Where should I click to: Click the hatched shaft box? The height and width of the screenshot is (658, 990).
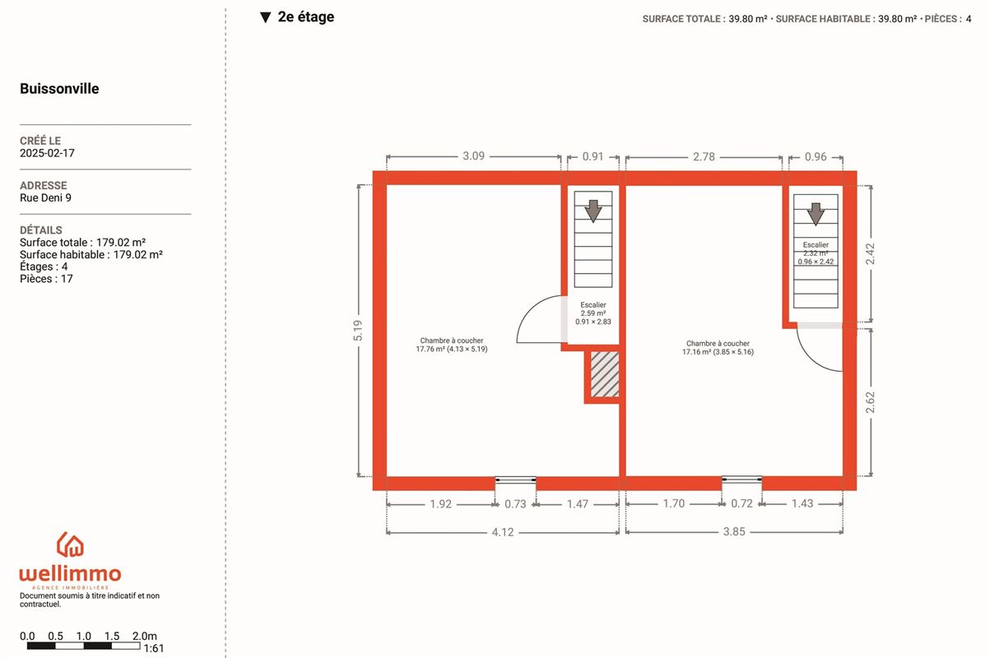[605, 374]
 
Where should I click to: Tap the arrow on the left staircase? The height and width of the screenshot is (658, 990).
[593, 211]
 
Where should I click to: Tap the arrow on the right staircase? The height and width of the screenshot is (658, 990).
[816, 214]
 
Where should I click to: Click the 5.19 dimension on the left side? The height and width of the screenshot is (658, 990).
[358, 331]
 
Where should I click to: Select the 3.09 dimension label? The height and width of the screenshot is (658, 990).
[473, 156]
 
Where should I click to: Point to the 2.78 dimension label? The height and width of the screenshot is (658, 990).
[704, 157]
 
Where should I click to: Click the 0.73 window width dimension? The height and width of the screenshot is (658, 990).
[515, 504]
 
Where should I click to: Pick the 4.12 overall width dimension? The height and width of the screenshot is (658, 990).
[503, 532]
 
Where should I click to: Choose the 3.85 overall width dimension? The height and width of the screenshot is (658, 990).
[734, 531]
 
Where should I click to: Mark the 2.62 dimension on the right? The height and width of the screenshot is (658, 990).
[870, 402]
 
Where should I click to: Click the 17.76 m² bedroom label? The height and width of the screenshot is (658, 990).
[452, 345]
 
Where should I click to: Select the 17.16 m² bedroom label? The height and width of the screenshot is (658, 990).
[718, 348]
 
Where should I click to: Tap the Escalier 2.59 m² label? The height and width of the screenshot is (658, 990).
[593, 313]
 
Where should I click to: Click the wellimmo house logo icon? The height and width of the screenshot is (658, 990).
[70, 544]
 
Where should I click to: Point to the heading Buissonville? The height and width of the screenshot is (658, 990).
[59, 89]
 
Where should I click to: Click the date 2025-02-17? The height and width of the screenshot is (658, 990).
[47, 153]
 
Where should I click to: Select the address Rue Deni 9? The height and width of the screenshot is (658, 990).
[45, 198]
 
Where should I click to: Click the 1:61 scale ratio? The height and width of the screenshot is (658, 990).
[154, 648]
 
